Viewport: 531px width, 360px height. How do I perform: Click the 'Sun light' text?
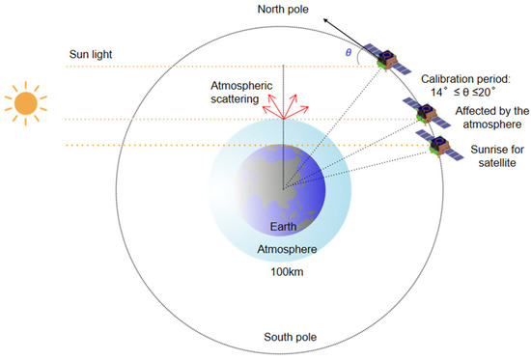91,53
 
